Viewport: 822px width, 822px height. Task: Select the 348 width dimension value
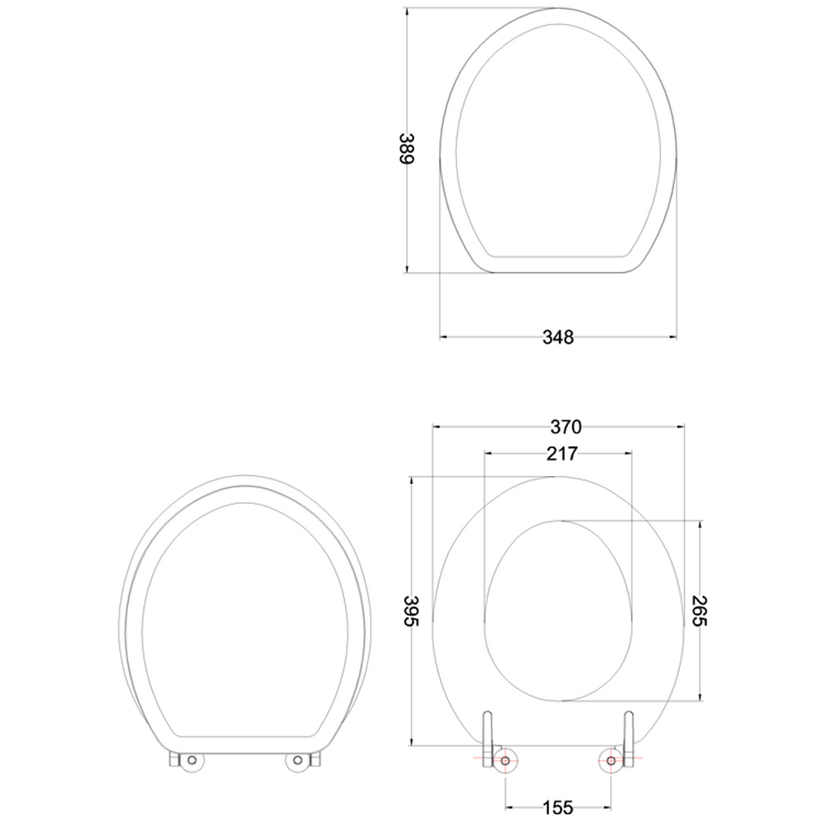tap(558, 336)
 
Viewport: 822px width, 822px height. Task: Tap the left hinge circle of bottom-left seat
tap(192, 762)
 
